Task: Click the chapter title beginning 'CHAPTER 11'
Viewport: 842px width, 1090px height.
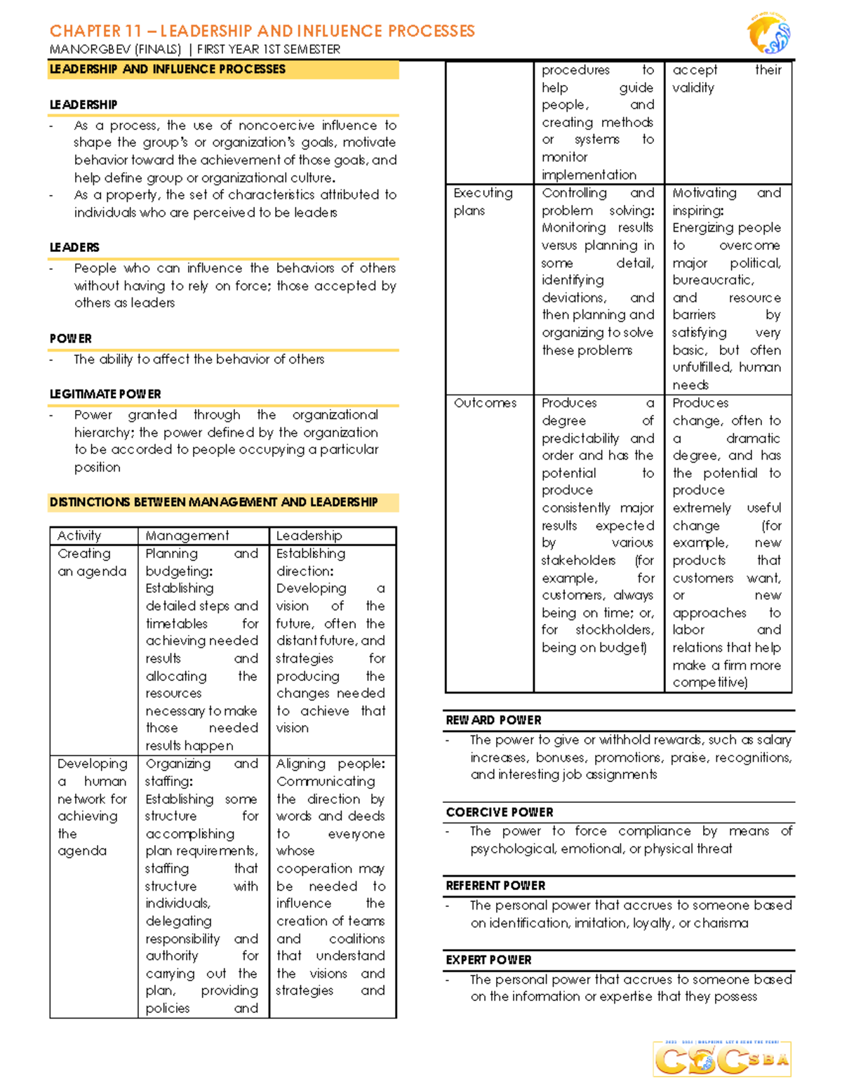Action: [x=262, y=31]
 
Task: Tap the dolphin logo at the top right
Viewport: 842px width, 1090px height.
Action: [x=769, y=33]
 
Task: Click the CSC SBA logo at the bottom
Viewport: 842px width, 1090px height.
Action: [x=722, y=1060]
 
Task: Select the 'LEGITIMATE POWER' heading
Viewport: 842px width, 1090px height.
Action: [x=105, y=394]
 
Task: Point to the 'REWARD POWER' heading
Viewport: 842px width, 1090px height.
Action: [x=493, y=720]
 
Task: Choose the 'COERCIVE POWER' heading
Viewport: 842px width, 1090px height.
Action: [x=500, y=812]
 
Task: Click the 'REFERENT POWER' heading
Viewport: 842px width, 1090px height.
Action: [x=495, y=886]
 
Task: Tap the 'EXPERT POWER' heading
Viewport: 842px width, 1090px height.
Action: [x=488, y=959]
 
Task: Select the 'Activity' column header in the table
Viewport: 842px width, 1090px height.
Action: [x=79, y=536]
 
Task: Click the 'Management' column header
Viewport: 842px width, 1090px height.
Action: [x=187, y=536]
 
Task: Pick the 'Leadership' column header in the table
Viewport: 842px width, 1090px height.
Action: [x=309, y=536]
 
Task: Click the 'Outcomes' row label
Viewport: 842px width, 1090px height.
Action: [x=485, y=403]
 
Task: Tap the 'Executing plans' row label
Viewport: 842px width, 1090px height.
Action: [x=483, y=201]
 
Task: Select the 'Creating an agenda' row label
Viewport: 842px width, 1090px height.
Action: [x=92, y=562]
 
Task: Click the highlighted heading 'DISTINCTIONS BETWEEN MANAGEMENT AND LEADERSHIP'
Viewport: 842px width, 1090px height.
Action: [x=213, y=502]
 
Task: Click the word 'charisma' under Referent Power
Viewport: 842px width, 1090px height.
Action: [x=721, y=923]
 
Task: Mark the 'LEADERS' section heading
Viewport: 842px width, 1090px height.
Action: [x=74, y=247]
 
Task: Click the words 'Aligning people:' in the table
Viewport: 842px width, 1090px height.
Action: [x=330, y=764]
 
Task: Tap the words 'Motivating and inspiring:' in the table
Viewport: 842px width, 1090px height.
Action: [x=726, y=201]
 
